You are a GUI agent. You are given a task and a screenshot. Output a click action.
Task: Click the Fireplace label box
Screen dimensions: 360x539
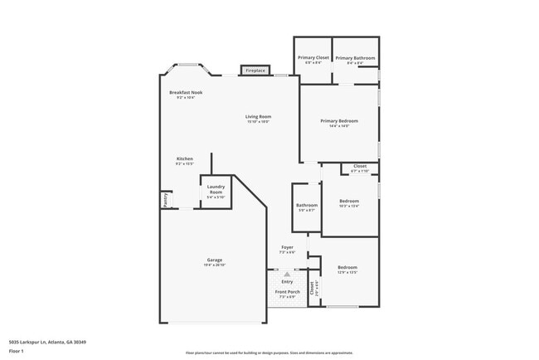coord(255,71)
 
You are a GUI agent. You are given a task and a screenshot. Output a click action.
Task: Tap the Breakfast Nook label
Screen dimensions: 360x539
coord(184,92)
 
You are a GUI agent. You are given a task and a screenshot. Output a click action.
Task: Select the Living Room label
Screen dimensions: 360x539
coord(258,117)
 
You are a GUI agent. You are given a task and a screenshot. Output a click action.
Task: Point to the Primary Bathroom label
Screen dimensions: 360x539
coord(355,57)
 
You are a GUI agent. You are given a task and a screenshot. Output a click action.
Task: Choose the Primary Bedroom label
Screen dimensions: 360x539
coord(339,121)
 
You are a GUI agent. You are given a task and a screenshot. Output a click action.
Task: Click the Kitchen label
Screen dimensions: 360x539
coord(184,159)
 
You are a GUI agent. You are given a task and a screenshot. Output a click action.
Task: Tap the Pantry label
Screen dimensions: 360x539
coord(164,200)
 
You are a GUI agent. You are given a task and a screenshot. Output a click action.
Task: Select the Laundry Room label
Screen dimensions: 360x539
coord(216,189)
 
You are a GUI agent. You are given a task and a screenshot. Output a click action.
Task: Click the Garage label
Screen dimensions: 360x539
coord(214,260)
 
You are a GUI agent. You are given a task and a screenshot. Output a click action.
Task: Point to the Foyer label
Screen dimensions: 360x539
coord(287,247)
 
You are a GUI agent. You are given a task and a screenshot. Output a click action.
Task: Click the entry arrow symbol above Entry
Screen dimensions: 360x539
coord(287,273)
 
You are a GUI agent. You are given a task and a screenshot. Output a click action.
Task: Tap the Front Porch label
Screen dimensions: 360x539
coord(287,292)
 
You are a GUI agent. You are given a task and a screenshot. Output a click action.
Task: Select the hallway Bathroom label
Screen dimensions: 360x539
coord(307,205)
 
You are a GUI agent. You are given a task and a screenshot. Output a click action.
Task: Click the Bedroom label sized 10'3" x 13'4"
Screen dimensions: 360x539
coord(348,201)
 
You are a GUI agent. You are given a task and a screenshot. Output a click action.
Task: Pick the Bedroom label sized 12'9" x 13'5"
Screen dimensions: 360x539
coord(347,267)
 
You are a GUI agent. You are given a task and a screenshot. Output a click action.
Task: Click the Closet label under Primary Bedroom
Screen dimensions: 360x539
coord(360,167)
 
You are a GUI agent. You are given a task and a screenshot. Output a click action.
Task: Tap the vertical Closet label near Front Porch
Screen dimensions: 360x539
coord(313,289)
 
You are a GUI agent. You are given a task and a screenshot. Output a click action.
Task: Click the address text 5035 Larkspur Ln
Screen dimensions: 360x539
coord(46,342)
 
